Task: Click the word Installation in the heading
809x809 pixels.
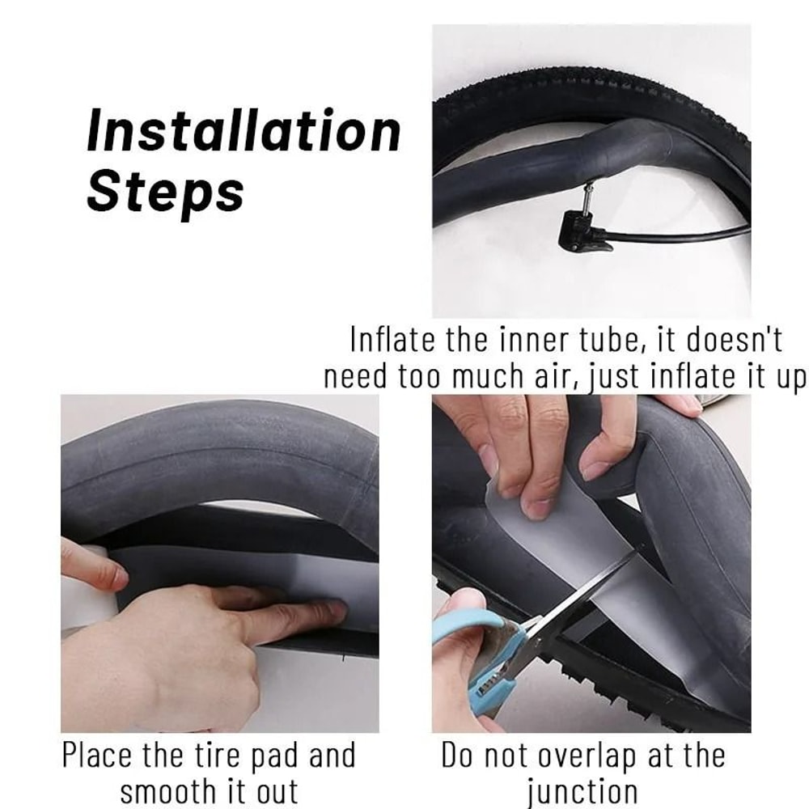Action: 244,132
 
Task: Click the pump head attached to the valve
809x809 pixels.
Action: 583,230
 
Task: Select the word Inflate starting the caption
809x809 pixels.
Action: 394,340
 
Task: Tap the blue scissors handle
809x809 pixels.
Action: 477,647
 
